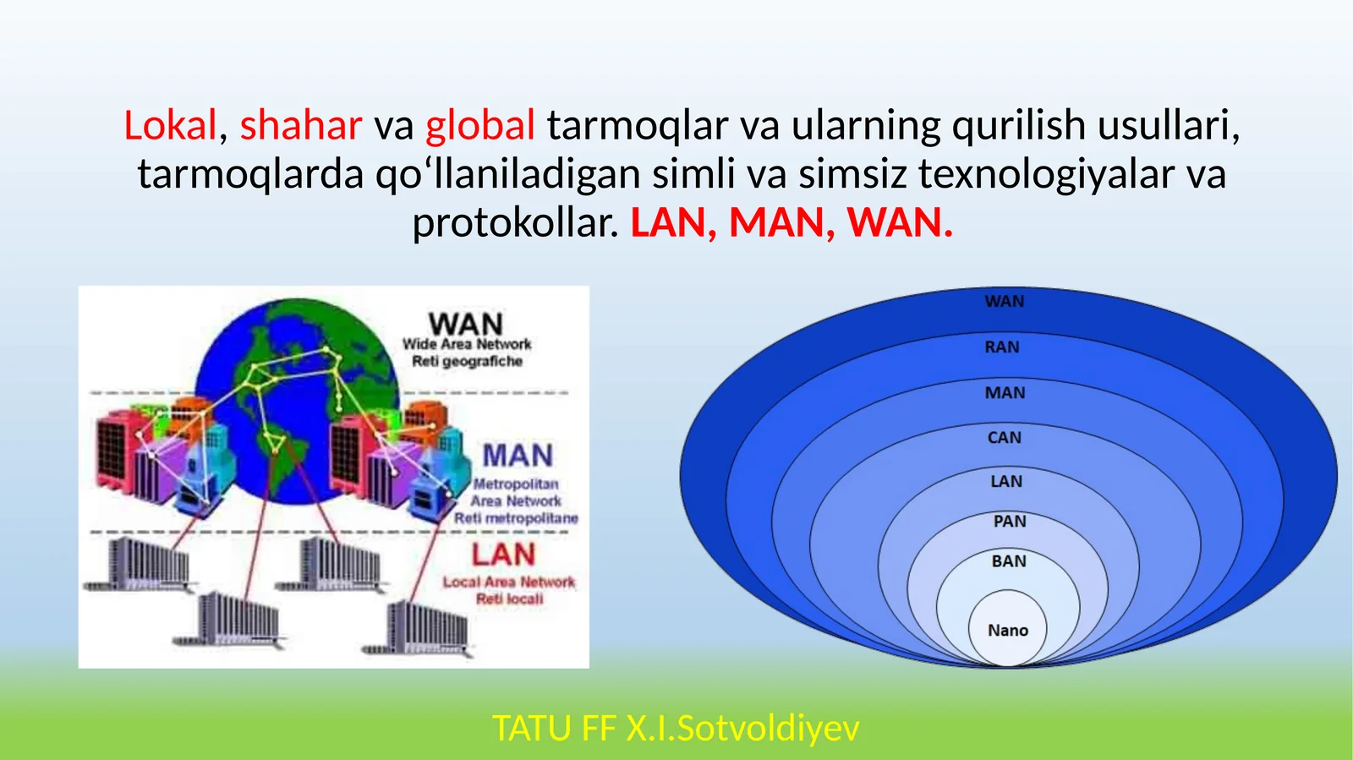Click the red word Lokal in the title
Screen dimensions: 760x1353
click(x=171, y=126)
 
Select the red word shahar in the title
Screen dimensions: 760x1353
click(x=301, y=126)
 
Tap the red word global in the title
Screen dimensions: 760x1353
click(x=479, y=126)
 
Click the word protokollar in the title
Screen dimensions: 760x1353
click(x=515, y=223)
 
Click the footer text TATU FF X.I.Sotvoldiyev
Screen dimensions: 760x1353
click(x=676, y=728)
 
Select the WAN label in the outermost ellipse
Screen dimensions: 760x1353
click(x=1004, y=302)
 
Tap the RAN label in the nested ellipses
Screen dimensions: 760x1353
click(x=1002, y=347)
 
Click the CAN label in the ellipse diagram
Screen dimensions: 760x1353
click(x=1004, y=438)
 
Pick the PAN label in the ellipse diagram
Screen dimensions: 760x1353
click(x=1009, y=522)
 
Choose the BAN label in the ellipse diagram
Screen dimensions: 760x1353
click(x=1008, y=561)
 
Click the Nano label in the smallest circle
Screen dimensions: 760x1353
click(x=1007, y=631)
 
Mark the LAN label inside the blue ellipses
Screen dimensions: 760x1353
click(x=1006, y=482)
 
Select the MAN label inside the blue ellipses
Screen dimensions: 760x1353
click(x=1005, y=393)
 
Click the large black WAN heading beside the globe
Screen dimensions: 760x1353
click(x=465, y=324)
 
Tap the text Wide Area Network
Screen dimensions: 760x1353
click(x=467, y=344)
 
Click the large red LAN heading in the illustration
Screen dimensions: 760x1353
click(x=503, y=555)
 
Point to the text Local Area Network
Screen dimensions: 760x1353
click(x=508, y=582)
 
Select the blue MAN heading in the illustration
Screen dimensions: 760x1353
click(x=518, y=456)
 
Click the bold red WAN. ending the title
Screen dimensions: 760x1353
click(x=900, y=223)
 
